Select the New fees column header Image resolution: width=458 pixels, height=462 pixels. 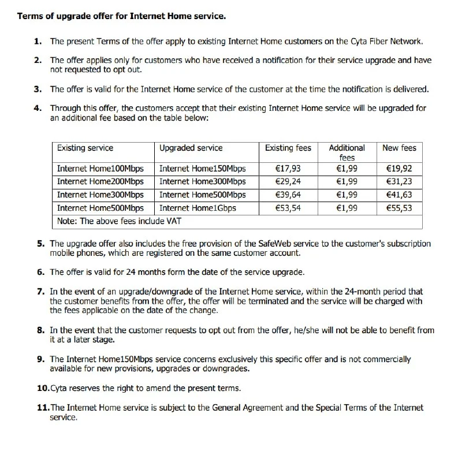coord(399,148)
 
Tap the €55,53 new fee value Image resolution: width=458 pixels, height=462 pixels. coord(399,208)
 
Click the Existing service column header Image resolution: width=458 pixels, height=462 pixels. coord(85,148)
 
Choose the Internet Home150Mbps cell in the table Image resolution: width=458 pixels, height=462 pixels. coord(202,169)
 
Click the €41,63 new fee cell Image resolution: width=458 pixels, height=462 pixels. coord(399,195)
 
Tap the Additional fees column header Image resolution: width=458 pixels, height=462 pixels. coord(347,152)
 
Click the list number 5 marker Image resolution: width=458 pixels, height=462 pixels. coord(40,244)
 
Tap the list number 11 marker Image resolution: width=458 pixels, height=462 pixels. coord(43,408)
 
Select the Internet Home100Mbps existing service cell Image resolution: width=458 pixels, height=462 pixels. coord(100,169)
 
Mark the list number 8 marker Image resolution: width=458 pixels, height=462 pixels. coord(40,330)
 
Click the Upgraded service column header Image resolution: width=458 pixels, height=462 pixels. coord(191,148)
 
